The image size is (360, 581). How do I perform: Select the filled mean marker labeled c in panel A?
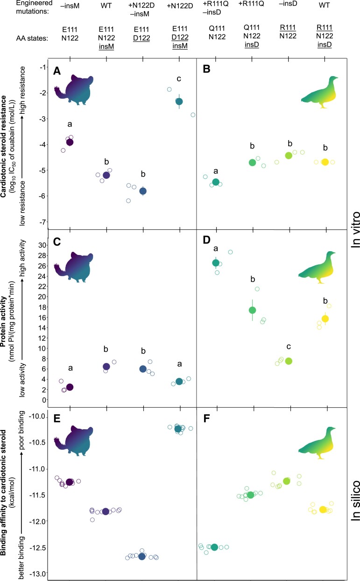(179, 101)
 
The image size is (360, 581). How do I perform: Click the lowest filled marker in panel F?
(214, 534)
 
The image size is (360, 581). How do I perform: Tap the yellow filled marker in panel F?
(323, 509)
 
